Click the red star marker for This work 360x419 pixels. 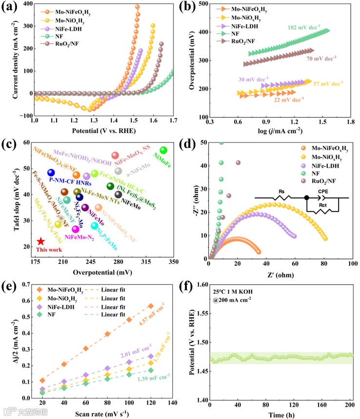point(41,241)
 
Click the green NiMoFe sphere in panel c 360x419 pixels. point(163,150)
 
